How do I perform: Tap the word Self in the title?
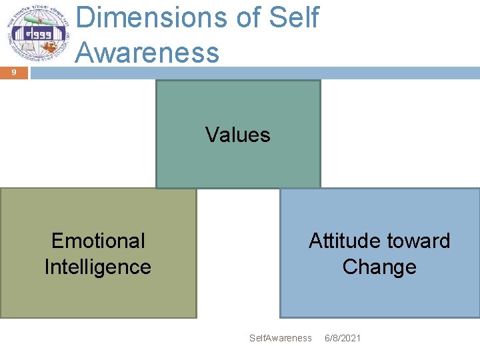294,18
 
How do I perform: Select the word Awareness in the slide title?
147,51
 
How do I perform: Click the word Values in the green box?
238,135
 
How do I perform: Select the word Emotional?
98,241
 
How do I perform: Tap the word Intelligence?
98,267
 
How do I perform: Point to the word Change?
379,267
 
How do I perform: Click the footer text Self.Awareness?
280,338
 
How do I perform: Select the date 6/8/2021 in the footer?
343,338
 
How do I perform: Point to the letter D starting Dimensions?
85,18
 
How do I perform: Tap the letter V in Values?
211,135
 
